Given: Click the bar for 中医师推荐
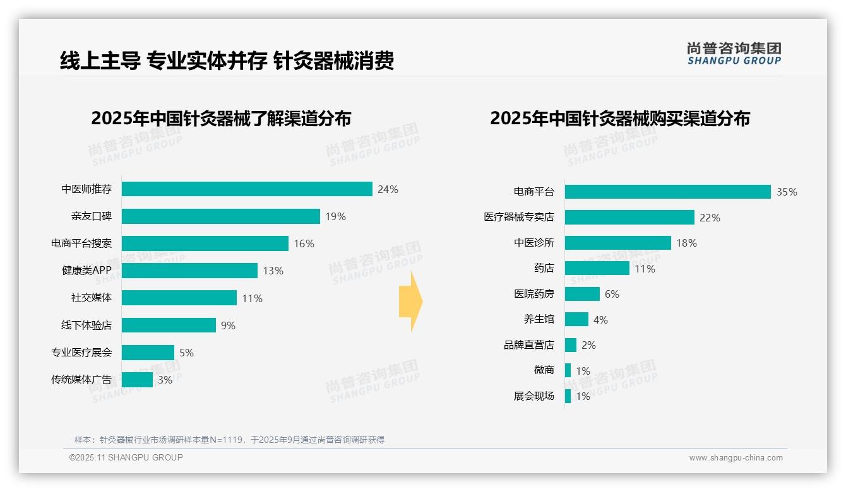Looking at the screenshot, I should tap(247, 189).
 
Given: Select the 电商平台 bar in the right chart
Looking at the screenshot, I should tap(667, 192).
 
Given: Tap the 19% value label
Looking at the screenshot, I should tap(335, 216).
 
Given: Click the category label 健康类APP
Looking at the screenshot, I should tap(86, 271).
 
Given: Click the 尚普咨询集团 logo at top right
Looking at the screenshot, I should tap(734, 54).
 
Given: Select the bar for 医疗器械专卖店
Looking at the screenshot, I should tap(629, 218).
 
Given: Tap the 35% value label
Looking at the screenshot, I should tap(787, 192).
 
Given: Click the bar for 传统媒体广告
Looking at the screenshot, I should tap(137, 380).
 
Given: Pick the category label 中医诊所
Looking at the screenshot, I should tap(533, 243).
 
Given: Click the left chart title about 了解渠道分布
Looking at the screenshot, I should tap(221, 119).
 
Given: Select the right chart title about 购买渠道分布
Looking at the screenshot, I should tap(619, 119).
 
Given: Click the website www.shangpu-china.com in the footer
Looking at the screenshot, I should tap(736, 458).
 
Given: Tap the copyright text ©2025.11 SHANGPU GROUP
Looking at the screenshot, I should tap(126, 457).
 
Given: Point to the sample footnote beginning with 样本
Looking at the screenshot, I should tap(229, 440).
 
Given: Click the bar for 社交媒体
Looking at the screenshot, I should tap(179, 298).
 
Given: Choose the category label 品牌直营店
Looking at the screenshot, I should tap(528, 345).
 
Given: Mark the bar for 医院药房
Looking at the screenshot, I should tap(582, 294).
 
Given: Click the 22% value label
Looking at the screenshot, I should tap(710, 218).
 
